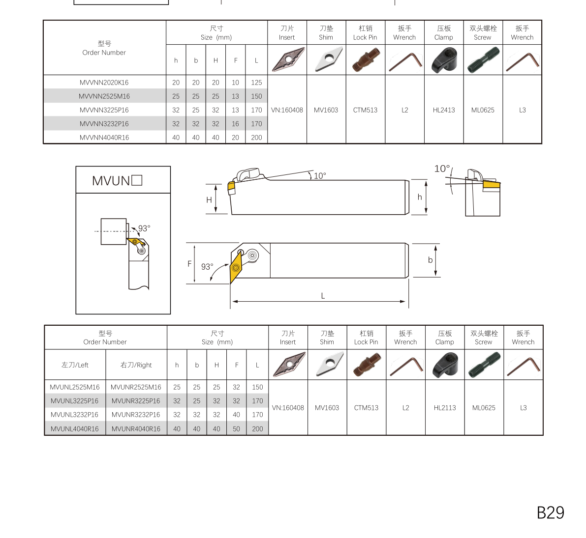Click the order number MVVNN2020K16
tap(104, 83)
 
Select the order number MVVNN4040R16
tap(104, 138)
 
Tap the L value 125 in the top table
tap(256, 83)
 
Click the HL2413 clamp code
tap(444, 110)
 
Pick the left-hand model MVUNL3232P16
tap(74, 415)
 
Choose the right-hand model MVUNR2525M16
tap(136, 387)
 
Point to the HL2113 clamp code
tap(445, 408)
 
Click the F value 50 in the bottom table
tap(236, 429)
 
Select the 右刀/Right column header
tap(136, 365)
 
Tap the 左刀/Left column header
tap(75, 365)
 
